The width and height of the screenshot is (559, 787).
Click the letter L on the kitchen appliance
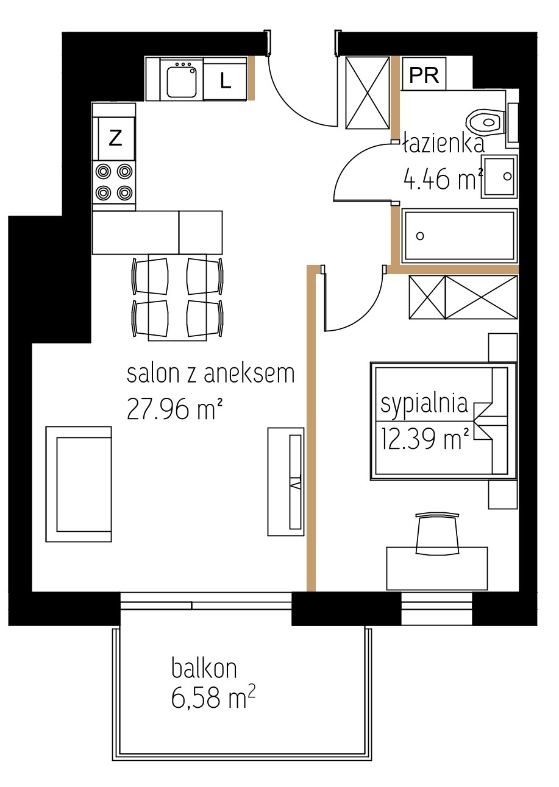tap(226, 82)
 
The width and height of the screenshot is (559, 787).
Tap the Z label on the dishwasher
tap(115, 138)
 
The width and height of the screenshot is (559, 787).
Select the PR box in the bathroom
tap(424, 74)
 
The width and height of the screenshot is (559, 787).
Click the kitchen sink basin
tap(181, 82)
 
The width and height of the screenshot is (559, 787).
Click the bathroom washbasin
tap(500, 176)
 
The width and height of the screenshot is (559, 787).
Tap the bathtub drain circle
tap(420, 236)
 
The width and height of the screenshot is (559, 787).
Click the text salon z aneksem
tap(210, 374)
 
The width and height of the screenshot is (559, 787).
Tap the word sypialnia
tap(424, 404)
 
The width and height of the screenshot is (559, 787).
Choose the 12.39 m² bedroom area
tap(425, 439)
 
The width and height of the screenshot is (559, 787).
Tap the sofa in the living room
tap(79, 484)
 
